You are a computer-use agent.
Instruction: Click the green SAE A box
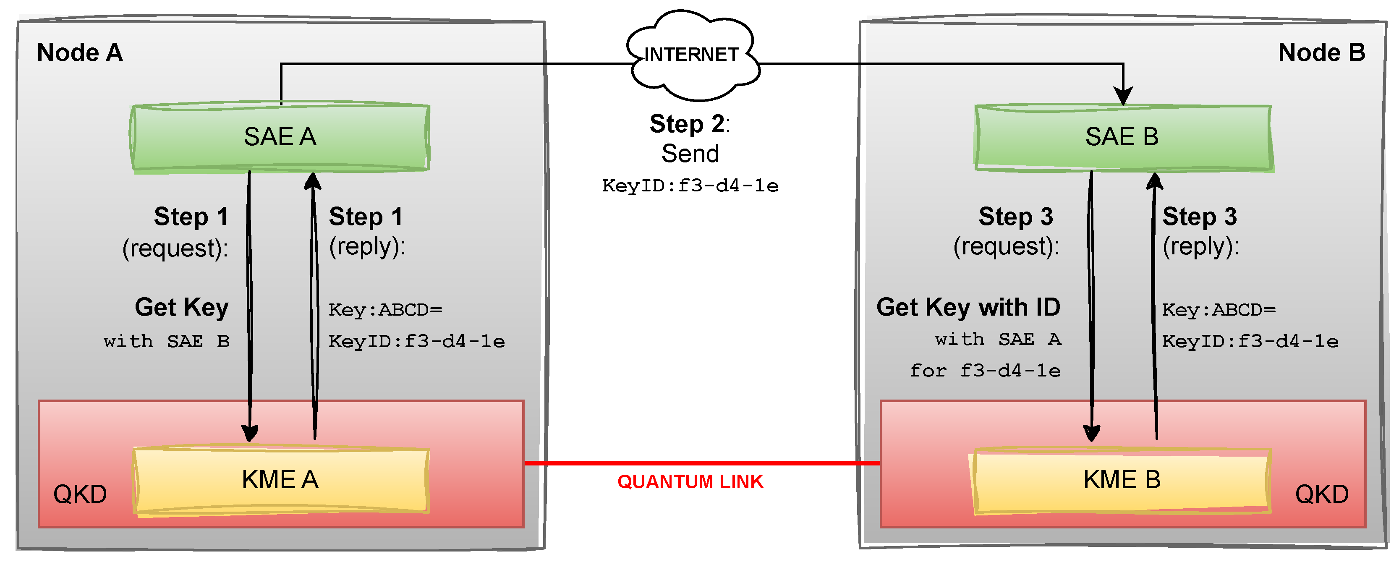pyautogui.click(x=280, y=137)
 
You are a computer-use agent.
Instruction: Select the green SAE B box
pyautogui.click(x=1122, y=137)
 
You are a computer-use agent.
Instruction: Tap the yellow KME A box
pyautogui.click(x=280, y=480)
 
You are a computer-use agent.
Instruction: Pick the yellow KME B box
pyautogui.click(x=1122, y=480)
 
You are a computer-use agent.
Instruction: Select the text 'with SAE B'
pyautogui.click(x=166, y=342)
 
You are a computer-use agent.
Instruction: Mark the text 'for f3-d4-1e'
pyautogui.click(x=985, y=371)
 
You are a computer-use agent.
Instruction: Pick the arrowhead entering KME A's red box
pyautogui.click(x=250, y=433)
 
